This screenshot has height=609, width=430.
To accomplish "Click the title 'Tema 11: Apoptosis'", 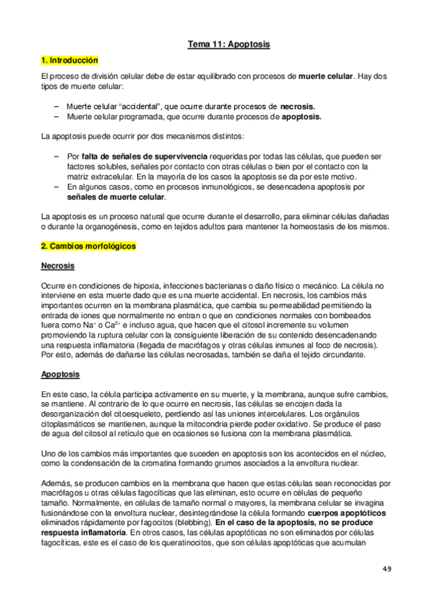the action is (x=229, y=45).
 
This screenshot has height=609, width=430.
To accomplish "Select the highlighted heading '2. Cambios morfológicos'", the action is (x=88, y=246).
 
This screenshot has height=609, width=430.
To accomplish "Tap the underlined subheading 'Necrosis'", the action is (x=57, y=266).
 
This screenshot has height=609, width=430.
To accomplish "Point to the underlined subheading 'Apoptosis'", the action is (x=60, y=375).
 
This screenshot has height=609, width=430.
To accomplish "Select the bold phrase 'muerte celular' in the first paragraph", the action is (x=324, y=75).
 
